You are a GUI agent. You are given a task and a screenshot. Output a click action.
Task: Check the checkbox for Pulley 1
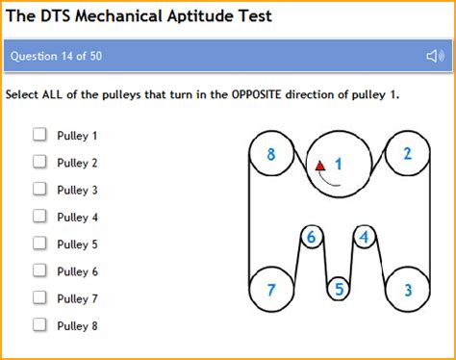click(39, 134)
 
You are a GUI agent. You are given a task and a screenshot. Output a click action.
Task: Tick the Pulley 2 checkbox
click(39, 162)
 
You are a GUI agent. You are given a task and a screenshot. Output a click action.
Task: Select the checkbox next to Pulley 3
click(39, 189)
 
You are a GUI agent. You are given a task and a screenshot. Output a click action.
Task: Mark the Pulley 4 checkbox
click(39, 216)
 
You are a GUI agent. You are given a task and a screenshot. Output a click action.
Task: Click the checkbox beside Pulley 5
click(39, 243)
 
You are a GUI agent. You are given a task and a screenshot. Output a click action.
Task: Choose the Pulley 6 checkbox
click(39, 270)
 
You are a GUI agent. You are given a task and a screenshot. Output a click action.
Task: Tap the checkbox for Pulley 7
click(39, 297)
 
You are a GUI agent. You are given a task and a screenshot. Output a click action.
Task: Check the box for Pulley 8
click(39, 324)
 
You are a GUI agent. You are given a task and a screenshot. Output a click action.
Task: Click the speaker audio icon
click(435, 56)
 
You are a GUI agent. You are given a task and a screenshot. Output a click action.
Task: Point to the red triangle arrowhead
click(320, 166)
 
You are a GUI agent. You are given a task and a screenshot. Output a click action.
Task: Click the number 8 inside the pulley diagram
click(271, 154)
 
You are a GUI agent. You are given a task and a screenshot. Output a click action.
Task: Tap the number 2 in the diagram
click(408, 154)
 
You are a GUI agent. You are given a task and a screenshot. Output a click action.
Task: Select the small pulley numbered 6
click(312, 237)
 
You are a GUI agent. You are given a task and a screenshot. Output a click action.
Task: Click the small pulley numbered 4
click(365, 237)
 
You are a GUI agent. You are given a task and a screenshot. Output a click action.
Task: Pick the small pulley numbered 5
click(339, 289)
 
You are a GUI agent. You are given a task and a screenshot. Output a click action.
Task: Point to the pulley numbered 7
click(271, 290)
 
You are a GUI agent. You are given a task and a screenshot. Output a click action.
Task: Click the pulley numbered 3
click(408, 290)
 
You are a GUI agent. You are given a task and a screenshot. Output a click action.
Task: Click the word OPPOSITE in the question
click(256, 94)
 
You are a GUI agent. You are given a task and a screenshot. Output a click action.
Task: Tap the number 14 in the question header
click(66, 56)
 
